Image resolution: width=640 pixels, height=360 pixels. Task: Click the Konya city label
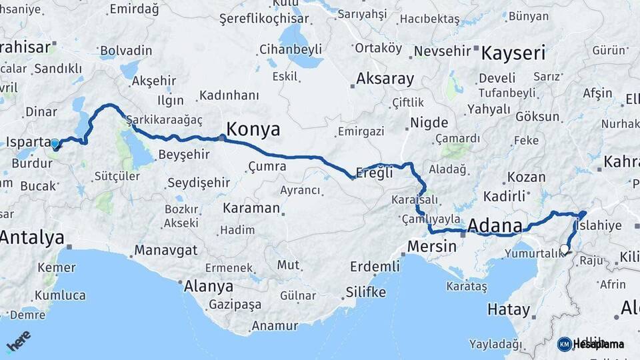pos(253,129)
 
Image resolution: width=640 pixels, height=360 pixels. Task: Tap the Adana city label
pos(495,226)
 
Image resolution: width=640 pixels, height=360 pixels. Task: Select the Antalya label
pos(32,237)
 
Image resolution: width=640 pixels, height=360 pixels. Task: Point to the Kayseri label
pos(513,53)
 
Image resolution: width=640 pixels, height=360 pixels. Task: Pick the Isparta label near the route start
pos(28,142)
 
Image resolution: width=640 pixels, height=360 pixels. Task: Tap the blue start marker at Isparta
pos(55,143)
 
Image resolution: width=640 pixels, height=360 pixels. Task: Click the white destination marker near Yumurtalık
pos(565,249)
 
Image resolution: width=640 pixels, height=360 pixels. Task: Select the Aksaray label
pos(385,79)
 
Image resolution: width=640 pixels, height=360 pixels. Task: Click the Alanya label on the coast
pos(209,286)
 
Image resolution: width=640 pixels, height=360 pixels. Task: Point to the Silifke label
pos(365,292)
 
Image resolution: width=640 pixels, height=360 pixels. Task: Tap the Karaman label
pos(251,207)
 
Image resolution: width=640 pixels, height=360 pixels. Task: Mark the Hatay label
pos(509,309)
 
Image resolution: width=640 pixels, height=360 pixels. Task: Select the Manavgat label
pos(165,251)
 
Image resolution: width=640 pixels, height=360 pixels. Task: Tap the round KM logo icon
pos(564,344)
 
